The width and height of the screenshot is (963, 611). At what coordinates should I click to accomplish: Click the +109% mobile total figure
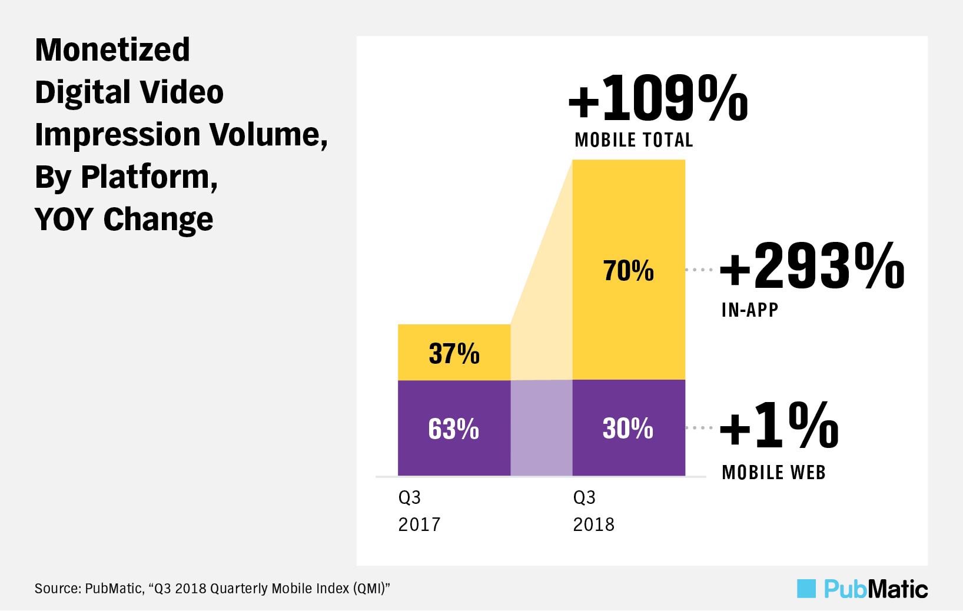pyautogui.click(x=658, y=98)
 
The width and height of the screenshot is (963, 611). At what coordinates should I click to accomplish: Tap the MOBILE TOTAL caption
pyautogui.click(x=634, y=140)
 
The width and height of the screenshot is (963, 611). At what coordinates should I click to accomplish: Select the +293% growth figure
pyautogui.click(x=812, y=267)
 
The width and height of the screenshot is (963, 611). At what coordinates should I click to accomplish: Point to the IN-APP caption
pyautogui.click(x=750, y=310)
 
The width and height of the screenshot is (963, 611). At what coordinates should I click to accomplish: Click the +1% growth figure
pyautogui.click(x=779, y=425)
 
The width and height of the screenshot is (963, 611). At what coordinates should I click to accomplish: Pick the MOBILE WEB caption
pyautogui.click(x=773, y=472)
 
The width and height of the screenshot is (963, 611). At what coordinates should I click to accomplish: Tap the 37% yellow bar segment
pyautogui.click(x=454, y=353)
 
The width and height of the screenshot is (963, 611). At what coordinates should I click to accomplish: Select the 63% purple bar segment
pyautogui.click(x=454, y=428)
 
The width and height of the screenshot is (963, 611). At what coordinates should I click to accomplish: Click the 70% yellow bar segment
pyautogui.click(x=629, y=270)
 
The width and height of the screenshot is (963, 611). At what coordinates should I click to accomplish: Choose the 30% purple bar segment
pyautogui.click(x=629, y=428)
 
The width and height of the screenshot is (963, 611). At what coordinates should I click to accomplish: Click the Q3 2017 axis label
pyautogui.click(x=419, y=510)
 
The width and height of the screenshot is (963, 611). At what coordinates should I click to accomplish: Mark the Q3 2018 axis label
pyautogui.click(x=593, y=510)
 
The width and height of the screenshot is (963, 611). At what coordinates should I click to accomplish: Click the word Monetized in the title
pyautogui.click(x=112, y=49)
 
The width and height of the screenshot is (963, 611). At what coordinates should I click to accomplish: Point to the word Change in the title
pyautogui.click(x=158, y=220)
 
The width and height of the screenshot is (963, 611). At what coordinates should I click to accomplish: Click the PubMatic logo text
pyautogui.click(x=876, y=589)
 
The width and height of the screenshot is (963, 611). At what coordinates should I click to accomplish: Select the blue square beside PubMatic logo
pyautogui.click(x=806, y=589)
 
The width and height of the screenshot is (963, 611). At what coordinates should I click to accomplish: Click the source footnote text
pyautogui.click(x=212, y=589)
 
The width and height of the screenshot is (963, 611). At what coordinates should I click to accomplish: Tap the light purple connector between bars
pyautogui.click(x=541, y=428)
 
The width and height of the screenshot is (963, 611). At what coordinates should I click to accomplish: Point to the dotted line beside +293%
pyautogui.click(x=699, y=270)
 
